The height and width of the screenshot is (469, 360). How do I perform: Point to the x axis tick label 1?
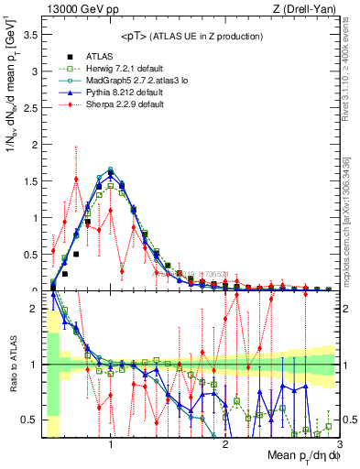[x=111, y=444]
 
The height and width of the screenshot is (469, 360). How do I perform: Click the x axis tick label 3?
[x=339, y=444]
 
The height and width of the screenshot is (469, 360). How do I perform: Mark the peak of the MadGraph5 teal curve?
[x=111, y=169]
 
